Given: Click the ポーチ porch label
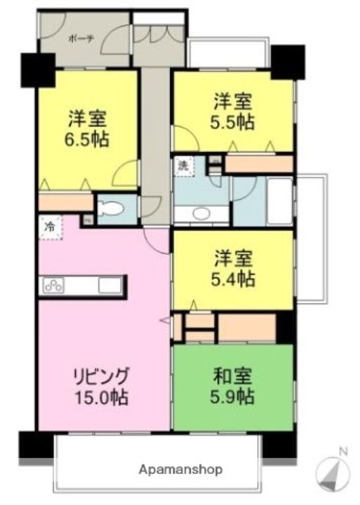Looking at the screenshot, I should point(79,40).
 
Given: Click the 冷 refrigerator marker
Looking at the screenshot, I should point(50,227).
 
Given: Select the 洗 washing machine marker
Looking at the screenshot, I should point(182,166).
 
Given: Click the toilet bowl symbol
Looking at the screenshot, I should point(112,208).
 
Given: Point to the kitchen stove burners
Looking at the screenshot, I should point(54,285).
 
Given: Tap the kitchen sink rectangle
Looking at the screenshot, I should point(109,285).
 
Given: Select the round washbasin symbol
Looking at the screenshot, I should point(201,213).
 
